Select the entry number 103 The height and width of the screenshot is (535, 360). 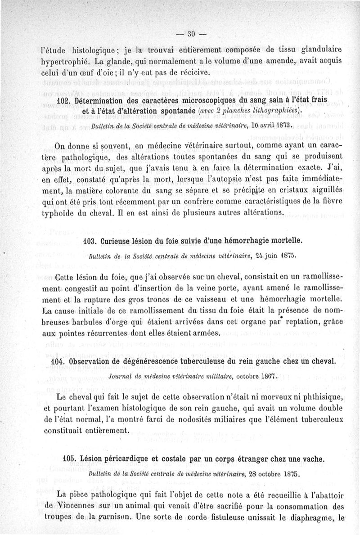click(91, 241)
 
